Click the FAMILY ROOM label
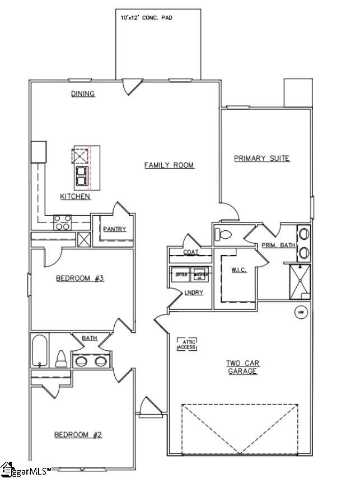coord(169,165)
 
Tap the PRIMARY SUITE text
coord(261,159)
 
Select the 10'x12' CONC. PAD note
coord(147,18)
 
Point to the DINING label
coord(83,94)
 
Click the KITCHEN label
coord(76,197)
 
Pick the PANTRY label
coord(115,229)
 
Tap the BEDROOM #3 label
coord(80,278)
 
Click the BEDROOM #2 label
coord(78,434)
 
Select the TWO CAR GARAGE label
coord(243,367)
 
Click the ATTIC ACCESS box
coord(187,344)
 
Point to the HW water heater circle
coord(301,312)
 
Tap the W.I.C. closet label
coord(239,270)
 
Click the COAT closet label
coord(190,252)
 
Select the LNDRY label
coord(194,293)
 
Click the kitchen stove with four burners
coord(62,222)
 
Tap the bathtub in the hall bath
coord(39,351)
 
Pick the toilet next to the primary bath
coord(225,235)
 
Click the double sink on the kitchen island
coord(81,175)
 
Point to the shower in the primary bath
coord(300,281)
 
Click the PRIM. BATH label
coord(278,245)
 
